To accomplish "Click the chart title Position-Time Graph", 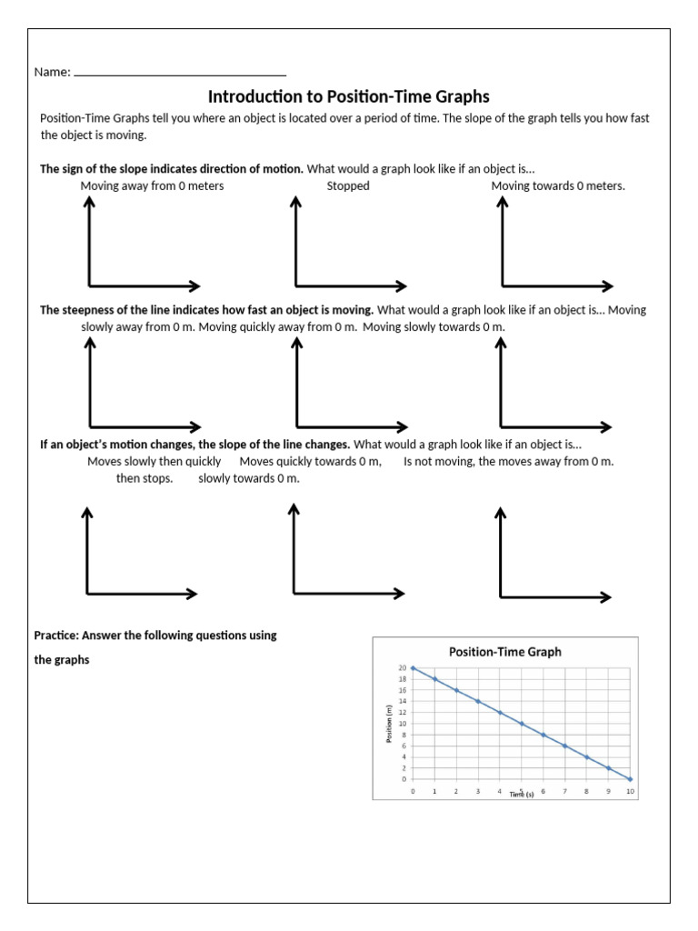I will click(x=505, y=651).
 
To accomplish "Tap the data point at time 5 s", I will click(x=522, y=724).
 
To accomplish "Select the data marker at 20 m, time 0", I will click(x=413, y=668).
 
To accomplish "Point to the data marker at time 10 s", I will click(x=630, y=779).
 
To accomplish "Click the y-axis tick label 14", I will click(x=403, y=702).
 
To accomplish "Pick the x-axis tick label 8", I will click(x=586, y=792).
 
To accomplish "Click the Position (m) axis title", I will click(x=389, y=724).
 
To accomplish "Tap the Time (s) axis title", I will click(x=522, y=795).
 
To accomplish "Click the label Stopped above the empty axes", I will click(x=348, y=186).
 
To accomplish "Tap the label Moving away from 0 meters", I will click(x=152, y=186).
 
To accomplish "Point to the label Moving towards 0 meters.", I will click(x=558, y=186).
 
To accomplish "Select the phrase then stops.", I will click(x=144, y=478).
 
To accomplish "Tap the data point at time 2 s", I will click(x=456, y=690).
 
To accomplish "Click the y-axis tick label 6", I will click(x=404, y=746).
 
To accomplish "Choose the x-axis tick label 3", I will click(x=478, y=792).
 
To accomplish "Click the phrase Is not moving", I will click(x=438, y=462).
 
